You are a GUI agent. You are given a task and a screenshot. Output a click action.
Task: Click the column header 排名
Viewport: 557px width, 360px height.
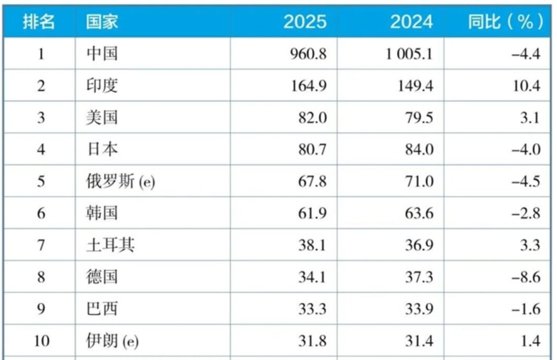(39, 22)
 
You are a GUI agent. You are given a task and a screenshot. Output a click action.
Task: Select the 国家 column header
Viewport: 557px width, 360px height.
(102, 22)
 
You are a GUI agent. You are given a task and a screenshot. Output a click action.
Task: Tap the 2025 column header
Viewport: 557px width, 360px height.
(305, 22)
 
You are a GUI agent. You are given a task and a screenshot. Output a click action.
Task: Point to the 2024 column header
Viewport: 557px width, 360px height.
(411, 22)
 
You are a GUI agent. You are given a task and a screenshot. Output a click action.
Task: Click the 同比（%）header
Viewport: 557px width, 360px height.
(505, 22)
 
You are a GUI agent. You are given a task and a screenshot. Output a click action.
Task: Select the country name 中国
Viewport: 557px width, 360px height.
(102, 54)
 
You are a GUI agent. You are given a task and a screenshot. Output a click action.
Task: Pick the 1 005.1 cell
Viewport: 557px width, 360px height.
(410, 54)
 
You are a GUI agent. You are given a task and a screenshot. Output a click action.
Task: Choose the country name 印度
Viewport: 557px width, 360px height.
(102, 85)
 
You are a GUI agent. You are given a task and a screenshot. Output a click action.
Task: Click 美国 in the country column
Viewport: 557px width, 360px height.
(102, 118)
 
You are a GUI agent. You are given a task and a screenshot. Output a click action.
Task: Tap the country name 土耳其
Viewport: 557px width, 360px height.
(110, 245)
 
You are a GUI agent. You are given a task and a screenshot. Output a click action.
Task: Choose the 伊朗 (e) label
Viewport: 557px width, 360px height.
(110, 341)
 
